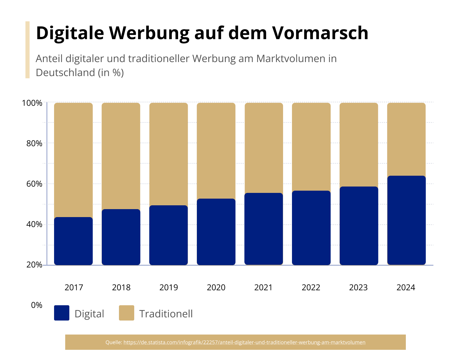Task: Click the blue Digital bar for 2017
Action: pyautogui.click(x=73, y=241)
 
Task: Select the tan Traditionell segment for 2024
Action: pyautogui.click(x=406, y=139)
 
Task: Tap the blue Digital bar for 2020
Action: pyautogui.click(x=216, y=232)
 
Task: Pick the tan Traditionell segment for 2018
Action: pyautogui.click(x=121, y=156)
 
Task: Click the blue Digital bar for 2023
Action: pyautogui.click(x=359, y=226)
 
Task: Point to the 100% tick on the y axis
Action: pyautogui.click(x=32, y=103)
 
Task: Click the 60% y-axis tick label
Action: pyautogui.click(x=34, y=184)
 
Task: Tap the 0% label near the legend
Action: pyautogui.click(x=37, y=305)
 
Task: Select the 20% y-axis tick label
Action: pyautogui.click(x=34, y=265)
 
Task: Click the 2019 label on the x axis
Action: pyautogui.click(x=169, y=287)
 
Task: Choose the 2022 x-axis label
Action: pyautogui.click(x=311, y=287)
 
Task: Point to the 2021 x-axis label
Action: pyautogui.click(x=263, y=287)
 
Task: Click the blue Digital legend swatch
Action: pyautogui.click(x=62, y=313)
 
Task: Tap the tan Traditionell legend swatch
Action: pyautogui.click(x=127, y=313)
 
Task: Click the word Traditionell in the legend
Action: pyautogui.click(x=166, y=314)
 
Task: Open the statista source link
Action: pyautogui.click(x=244, y=342)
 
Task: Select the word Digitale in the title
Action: pyautogui.click(x=70, y=33)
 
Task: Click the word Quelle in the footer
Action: pyautogui.click(x=114, y=342)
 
